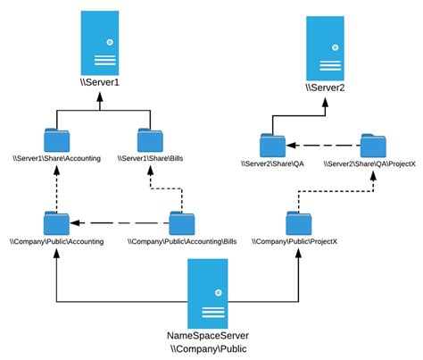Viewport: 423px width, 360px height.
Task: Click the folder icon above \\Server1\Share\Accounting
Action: tap(56, 140)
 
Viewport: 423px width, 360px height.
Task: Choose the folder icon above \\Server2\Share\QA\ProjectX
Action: tap(372, 145)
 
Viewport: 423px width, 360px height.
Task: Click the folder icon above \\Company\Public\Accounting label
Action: tap(56, 222)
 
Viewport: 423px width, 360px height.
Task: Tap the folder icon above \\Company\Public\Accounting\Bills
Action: tap(182, 222)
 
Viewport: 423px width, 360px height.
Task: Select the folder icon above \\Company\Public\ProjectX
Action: tap(297, 222)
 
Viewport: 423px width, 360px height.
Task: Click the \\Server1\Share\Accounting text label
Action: tap(56, 159)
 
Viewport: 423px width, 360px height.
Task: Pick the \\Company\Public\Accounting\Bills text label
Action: tap(182, 241)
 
